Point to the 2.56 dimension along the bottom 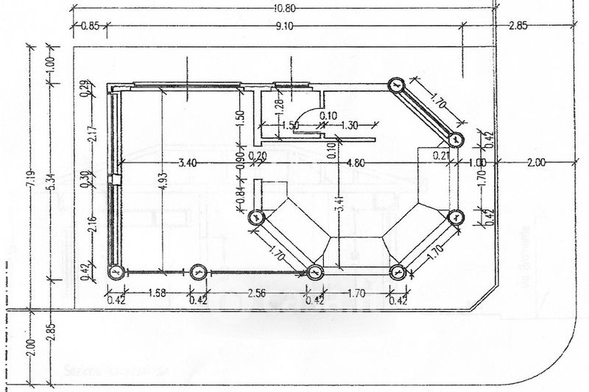(x=255, y=293)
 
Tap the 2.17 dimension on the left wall (x=91, y=137)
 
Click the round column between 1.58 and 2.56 (x=197, y=272)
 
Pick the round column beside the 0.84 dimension (x=256, y=217)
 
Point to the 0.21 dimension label (x=442, y=156)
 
